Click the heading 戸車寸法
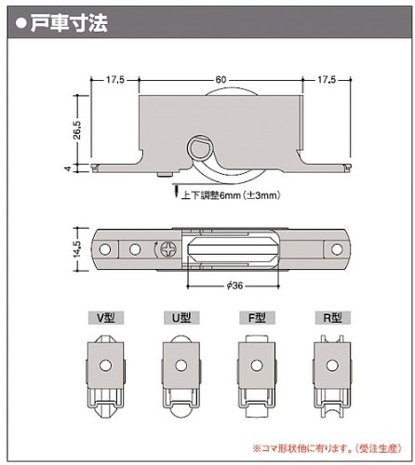point(69,22)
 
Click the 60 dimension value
point(221,80)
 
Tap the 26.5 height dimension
point(77,130)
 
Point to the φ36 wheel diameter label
point(234,286)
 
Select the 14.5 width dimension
point(76,249)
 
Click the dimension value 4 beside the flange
point(68,168)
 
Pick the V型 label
point(106,318)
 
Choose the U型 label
point(181,318)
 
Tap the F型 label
point(257,318)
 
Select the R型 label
point(333,318)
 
